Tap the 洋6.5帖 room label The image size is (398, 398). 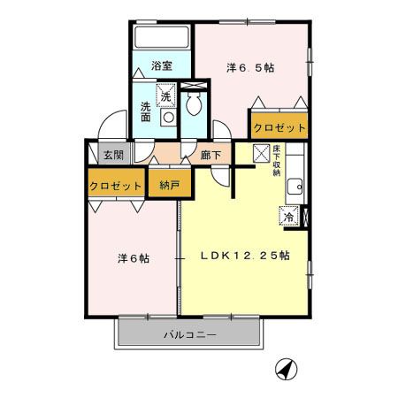249,66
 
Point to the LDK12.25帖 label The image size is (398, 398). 249,256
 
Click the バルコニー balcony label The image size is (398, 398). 190,335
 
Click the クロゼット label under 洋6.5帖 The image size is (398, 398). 279,127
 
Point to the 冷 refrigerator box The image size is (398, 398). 288,216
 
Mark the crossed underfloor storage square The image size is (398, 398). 262,154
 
